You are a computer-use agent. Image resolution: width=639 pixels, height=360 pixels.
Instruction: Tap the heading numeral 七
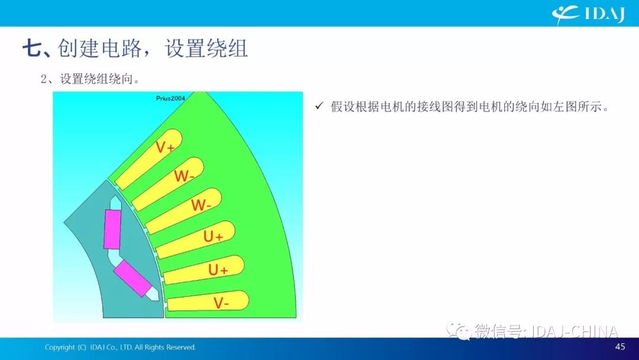coord(32,49)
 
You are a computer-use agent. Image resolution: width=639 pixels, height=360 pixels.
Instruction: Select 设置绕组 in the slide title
coord(206,49)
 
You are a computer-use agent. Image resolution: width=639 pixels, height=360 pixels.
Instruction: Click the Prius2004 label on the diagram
coord(170,98)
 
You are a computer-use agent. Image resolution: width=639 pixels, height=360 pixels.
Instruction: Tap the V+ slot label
coord(165,147)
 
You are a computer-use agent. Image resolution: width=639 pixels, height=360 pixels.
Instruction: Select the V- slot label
coord(221,303)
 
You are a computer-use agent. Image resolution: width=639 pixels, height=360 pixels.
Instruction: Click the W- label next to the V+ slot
coord(184,176)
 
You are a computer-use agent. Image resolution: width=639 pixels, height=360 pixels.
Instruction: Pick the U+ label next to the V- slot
coord(218,269)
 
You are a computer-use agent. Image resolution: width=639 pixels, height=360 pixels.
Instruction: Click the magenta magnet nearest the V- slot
coord(133,278)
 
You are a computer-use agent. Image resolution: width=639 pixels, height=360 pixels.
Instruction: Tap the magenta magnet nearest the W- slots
coord(112,229)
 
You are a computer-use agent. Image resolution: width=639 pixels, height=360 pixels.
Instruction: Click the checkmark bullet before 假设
coord(319,106)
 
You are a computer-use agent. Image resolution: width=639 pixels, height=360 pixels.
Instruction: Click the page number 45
coord(620,346)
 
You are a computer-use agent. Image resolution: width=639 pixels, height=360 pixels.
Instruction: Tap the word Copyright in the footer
coord(60,348)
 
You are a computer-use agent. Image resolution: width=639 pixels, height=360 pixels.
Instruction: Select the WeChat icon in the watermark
coord(459,330)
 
